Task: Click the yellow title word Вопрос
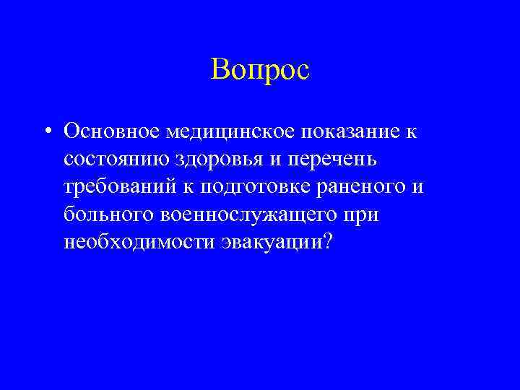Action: (261, 69)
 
